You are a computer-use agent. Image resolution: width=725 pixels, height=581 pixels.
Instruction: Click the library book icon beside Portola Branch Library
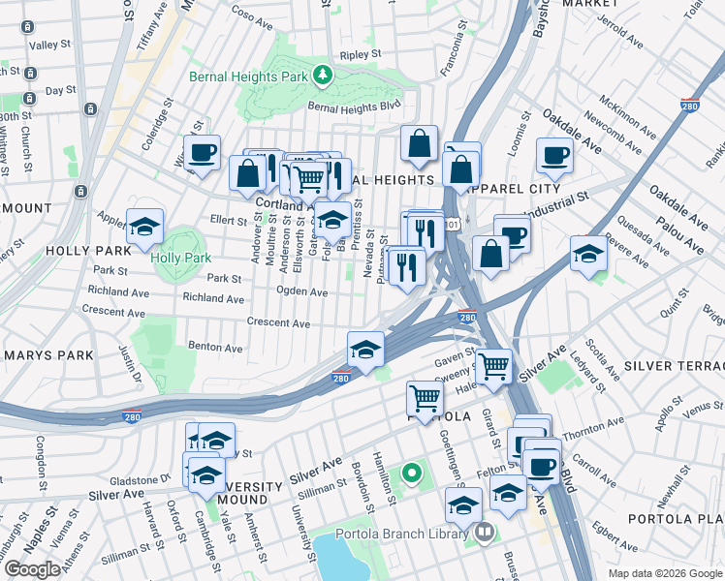pyautogui.click(x=483, y=533)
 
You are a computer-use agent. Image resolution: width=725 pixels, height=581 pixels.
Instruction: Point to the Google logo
pyautogui.click(x=31, y=569)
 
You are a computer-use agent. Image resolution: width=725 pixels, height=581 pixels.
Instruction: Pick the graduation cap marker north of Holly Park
pyautogui.click(x=144, y=229)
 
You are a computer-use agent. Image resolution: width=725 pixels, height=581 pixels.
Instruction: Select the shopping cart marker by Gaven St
pyautogui.click(x=493, y=366)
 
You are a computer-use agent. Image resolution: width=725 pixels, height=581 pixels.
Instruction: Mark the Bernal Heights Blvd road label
pyautogui.click(x=354, y=107)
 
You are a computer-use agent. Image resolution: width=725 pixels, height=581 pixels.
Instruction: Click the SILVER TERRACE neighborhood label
pyautogui.click(x=674, y=366)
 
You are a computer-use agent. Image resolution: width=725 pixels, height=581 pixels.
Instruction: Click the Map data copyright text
pyautogui.click(x=663, y=573)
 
